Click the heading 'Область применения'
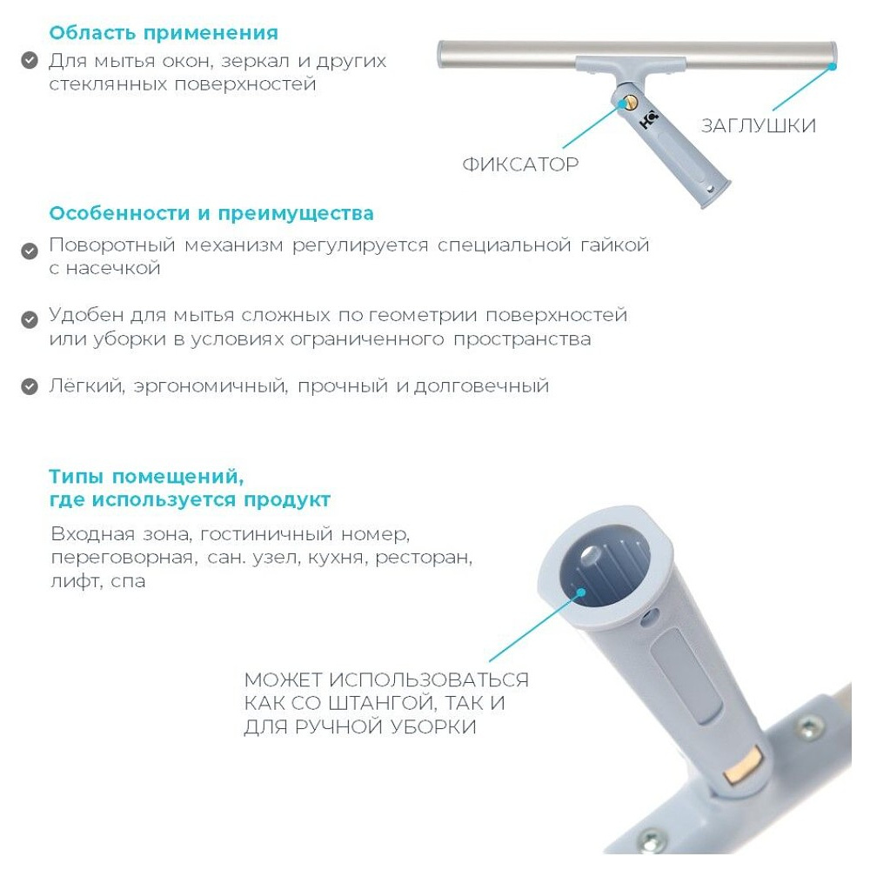click(164, 33)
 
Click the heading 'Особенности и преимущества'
click(211, 213)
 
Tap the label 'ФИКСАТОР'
click(520, 164)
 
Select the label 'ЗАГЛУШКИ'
click(759, 125)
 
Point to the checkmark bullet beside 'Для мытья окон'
click(30, 61)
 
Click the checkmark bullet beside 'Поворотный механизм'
click(30, 251)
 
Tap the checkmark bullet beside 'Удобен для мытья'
click(30, 318)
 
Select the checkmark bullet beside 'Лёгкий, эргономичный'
click(30, 386)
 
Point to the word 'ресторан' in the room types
click(424, 557)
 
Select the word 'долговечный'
click(481, 385)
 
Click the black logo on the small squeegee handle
click(649, 120)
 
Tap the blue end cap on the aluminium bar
click(833, 64)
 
